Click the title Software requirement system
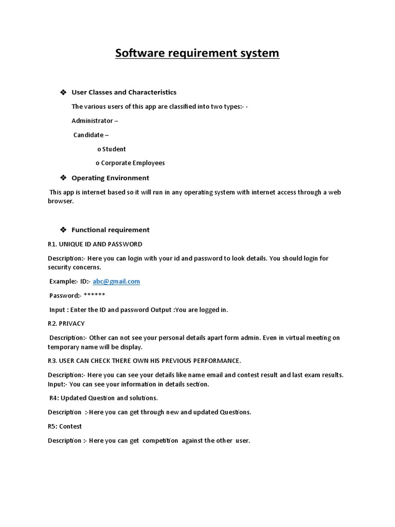point(197,53)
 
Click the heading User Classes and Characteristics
point(123,92)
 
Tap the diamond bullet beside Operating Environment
point(63,178)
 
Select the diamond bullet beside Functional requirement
point(63,230)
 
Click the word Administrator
point(92,121)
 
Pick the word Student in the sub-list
point(114,149)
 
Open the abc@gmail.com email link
point(116,282)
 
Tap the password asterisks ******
point(94,295)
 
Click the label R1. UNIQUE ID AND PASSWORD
point(95,244)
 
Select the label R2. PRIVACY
point(66,324)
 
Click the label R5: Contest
point(65,426)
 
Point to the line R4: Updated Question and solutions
point(103,398)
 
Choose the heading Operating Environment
point(110,178)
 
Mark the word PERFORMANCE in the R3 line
point(216,360)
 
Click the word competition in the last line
point(160,441)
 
